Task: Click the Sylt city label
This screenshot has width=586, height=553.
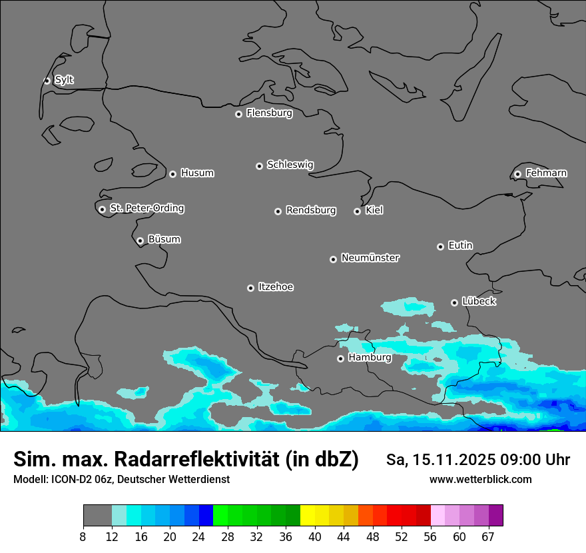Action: pos(64,80)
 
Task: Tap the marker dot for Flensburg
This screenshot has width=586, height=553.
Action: pos(238,114)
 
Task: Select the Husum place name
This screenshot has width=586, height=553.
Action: pos(197,173)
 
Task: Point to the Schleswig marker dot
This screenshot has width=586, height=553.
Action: pos(259,166)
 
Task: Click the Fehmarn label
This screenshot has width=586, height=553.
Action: pos(546,173)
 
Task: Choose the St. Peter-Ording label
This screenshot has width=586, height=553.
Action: pos(146,209)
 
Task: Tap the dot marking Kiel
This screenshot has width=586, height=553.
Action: pos(357,211)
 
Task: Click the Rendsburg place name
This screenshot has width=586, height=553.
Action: pos(311,211)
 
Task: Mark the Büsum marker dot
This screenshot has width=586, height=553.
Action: pos(140,241)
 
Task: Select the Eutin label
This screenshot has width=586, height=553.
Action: pos(460,246)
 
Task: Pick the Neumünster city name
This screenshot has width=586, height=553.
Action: pos(370,258)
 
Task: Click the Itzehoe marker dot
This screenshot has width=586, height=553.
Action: pos(250,288)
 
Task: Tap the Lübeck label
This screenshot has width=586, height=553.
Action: pos(479,302)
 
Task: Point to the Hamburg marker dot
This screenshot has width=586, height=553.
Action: pos(340,358)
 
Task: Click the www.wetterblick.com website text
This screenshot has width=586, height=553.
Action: pos(480,480)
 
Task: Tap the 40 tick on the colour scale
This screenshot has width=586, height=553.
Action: pos(315,537)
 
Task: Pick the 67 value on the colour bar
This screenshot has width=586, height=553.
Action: pos(488,537)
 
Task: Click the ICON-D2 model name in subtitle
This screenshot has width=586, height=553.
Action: pos(73,480)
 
